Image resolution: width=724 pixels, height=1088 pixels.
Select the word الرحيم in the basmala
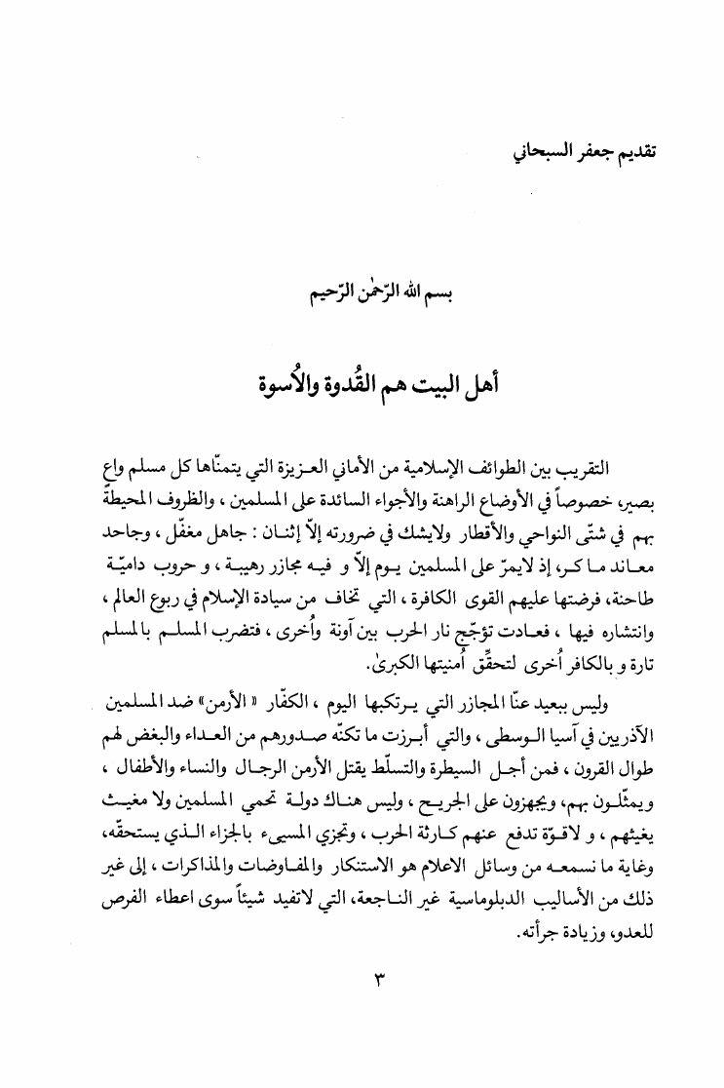pos(316,291)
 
